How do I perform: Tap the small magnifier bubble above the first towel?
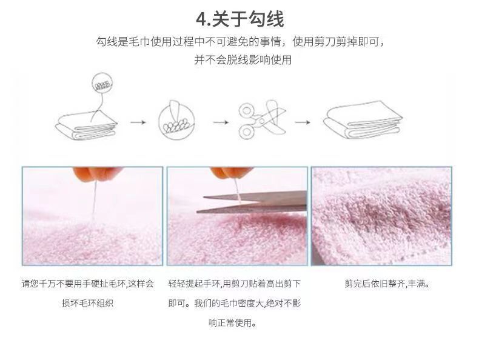101,83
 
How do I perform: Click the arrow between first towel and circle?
139,122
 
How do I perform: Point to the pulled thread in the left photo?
93,203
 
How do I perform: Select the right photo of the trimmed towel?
381,216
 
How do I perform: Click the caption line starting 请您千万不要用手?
88,283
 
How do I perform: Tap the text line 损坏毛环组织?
88,303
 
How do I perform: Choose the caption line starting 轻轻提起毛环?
234,283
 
